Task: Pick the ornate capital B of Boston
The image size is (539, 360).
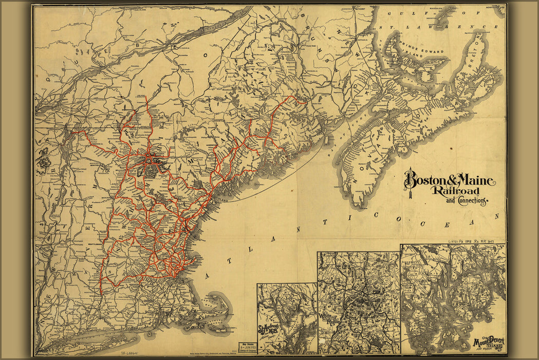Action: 410,180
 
